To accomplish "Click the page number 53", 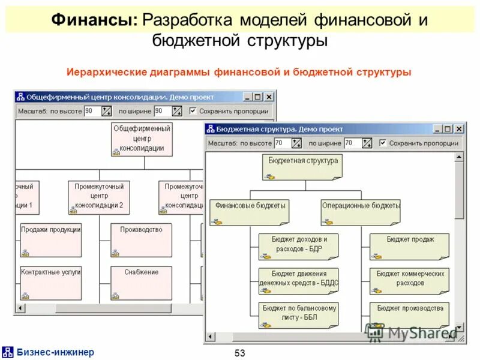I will [x=240, y=353].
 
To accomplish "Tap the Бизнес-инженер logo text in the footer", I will [x=55, y=352].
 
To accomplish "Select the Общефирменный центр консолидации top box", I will [x=141, y=139].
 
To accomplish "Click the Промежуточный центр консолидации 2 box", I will [x=98, y=197].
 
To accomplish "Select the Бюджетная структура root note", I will [x=302, y=166].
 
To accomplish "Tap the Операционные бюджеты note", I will [x=360, y=212].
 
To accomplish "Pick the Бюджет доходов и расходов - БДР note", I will [x=298, y=246].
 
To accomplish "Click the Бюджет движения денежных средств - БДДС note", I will [x=298, y=280].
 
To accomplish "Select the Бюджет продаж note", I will [x=409, y=246].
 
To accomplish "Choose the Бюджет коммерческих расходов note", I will [x=409, y=280].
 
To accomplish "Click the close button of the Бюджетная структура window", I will [x=458, y=128].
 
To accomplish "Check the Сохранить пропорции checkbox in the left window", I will [x=193, y=111].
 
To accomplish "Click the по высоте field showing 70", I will [x=282, y=143].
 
